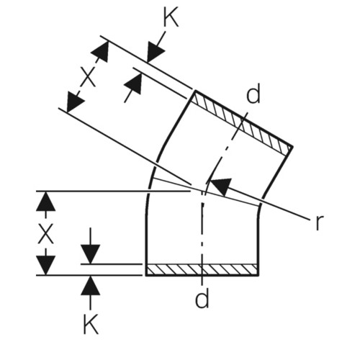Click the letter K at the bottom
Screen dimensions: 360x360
pos(91,324)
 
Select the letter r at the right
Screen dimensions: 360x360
pos(318,222)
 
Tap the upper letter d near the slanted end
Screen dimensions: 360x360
pos(253,94)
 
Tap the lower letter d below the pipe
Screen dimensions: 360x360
pos(202,298)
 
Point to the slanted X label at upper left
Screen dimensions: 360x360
pos(88,77)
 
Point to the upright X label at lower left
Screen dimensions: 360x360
pos(45,235)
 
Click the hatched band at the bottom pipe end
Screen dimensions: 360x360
pos(202,270)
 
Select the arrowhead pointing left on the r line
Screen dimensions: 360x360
pos(221,186)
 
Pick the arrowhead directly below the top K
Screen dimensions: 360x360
pos(156,53)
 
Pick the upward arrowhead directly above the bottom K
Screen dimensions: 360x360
pos(90,286)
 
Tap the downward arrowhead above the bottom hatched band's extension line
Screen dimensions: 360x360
pos(90,254)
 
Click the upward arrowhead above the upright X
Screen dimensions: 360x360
pos(45,201)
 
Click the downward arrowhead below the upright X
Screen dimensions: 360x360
pos(45,266)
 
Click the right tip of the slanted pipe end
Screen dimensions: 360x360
pos(293,146)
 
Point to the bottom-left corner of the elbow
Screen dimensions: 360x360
pos(146,276)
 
